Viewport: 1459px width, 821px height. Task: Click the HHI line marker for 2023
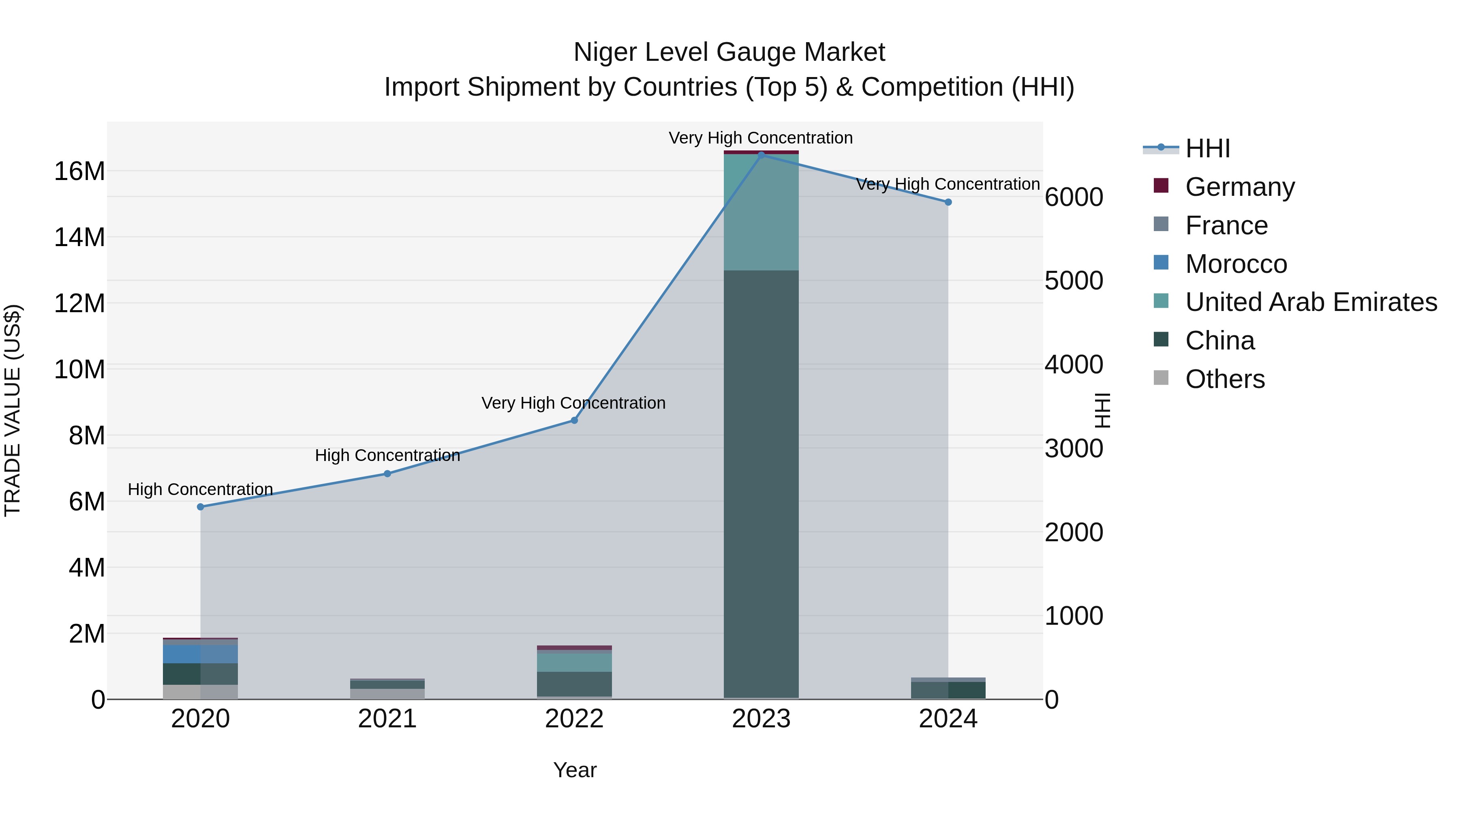pyautogui.click(x=761, y=155)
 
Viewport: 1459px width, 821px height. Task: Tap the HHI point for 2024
pyautogui.click(x=948, y=202)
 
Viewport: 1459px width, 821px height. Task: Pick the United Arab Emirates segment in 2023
pyautogui.click(x=761, y=212)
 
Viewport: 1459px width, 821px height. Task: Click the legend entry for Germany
pyautogui.click(x=1239, y=187)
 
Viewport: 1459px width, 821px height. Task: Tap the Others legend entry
pyautogui.click(x=1224, y=379)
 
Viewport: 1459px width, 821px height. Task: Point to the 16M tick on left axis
pyautogui.click(x=79, y=171)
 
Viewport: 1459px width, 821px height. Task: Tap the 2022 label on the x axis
pyautogui.click(x=574, y=719)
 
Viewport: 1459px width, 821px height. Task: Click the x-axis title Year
pyautogui.click(x=574, y=770)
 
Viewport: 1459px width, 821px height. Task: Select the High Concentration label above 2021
pyautogui.click(x=387, y=456)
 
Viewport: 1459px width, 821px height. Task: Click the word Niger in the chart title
pyautogui.click(x=605, y=52)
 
